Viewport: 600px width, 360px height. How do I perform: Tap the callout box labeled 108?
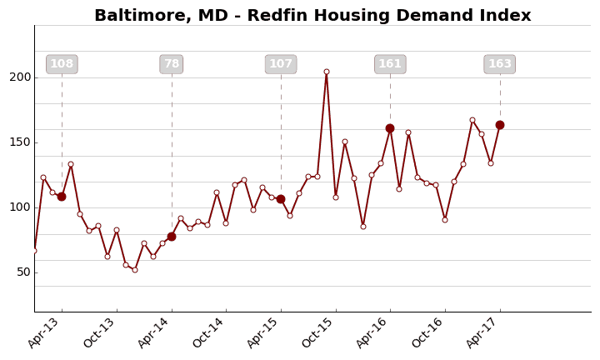(62, 64)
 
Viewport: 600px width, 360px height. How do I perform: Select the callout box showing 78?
(172, 64)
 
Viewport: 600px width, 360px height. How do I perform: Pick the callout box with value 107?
(281, 64)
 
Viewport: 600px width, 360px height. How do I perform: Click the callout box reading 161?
(390, 64)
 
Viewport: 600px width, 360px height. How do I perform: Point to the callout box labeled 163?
(500, 64)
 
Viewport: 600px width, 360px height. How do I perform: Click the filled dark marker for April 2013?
(62, 197)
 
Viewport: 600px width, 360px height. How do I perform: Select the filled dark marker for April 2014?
(172, 237)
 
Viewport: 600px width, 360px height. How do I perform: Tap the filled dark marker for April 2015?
(281, 199)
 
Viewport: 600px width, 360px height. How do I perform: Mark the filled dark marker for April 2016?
(390, 128)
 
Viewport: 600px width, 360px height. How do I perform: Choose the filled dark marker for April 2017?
(500, 125)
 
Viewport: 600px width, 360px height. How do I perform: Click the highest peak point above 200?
(327, 72)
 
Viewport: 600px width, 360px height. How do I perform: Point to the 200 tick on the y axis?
(20, 77)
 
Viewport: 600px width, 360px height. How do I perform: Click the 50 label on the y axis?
(23, 272)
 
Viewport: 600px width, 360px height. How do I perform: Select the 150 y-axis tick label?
(20, 142)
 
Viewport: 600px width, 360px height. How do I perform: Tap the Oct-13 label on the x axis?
(100, 332)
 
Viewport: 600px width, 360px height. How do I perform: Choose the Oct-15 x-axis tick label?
(319, 332)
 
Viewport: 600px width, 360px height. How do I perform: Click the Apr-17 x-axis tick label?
(483, 332)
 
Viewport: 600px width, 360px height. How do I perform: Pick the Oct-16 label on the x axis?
(428, 332)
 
